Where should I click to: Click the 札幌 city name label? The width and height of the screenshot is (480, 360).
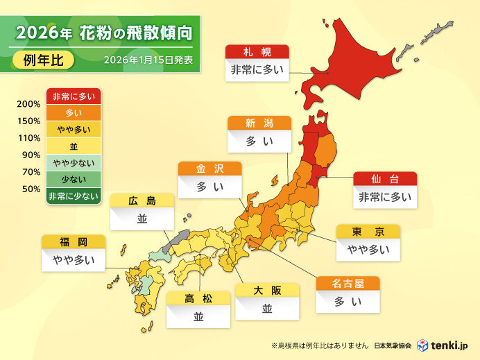tap(256, 52)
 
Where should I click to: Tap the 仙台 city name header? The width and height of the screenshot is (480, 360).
tap(385, 179)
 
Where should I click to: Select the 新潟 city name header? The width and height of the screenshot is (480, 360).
tap(259, 123)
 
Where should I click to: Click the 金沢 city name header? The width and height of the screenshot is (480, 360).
tap(210, 169)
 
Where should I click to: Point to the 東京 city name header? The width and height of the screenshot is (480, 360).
tap(368, 232)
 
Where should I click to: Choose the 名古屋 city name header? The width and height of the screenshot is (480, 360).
tap(348, 283)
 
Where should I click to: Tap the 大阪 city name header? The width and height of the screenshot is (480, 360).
tap(267, 291)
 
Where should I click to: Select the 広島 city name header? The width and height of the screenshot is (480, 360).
tap(142, 201)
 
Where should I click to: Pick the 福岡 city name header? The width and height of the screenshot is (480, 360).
tap(74, 242)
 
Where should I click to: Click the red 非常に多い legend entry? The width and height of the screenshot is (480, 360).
tap(74, 96)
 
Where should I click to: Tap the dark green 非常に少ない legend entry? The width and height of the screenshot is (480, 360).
tap(74, 197)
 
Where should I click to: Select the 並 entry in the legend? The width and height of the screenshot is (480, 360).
tap(74, 147)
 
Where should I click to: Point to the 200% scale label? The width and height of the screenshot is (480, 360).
tap(28, 105)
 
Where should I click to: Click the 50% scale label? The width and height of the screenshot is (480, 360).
tap(31, 189)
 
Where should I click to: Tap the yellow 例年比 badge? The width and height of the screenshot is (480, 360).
tap(44, 60)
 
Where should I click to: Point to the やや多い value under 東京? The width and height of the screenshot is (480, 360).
tap(368, 250)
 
